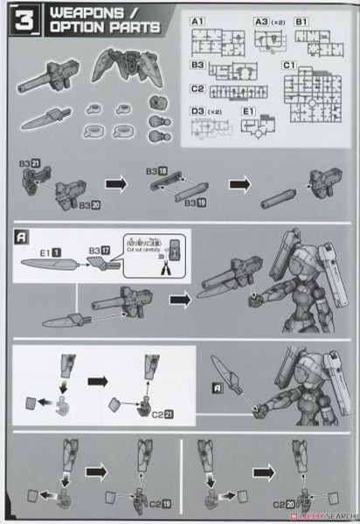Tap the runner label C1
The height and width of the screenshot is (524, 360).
[289, 65]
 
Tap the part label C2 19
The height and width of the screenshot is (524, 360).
[155, 504]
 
